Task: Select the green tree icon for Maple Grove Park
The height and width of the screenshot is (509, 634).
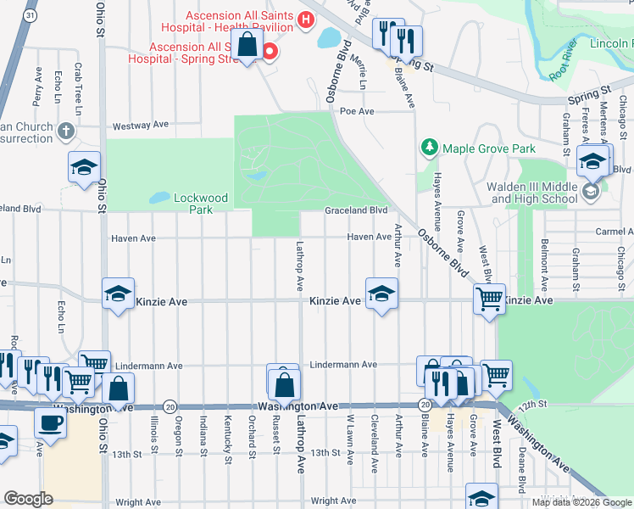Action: (x=430, y=148)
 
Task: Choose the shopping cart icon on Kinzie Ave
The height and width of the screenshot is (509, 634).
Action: (x=489, y=299)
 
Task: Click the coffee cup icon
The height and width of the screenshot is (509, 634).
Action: (x=49, y=422)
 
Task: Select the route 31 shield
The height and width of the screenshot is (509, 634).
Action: (x=31, y=16)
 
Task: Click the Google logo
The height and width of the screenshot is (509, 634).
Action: (x=28, y=499)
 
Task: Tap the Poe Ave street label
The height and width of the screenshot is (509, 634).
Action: (x=356, y=111)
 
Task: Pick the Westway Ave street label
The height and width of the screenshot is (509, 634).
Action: (x=141, y=125)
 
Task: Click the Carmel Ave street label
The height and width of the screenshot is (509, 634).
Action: (x=614, y=232)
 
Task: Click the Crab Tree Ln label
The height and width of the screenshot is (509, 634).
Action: (x=78, y=88)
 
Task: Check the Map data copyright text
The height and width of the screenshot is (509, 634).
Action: (x=581, y=502)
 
